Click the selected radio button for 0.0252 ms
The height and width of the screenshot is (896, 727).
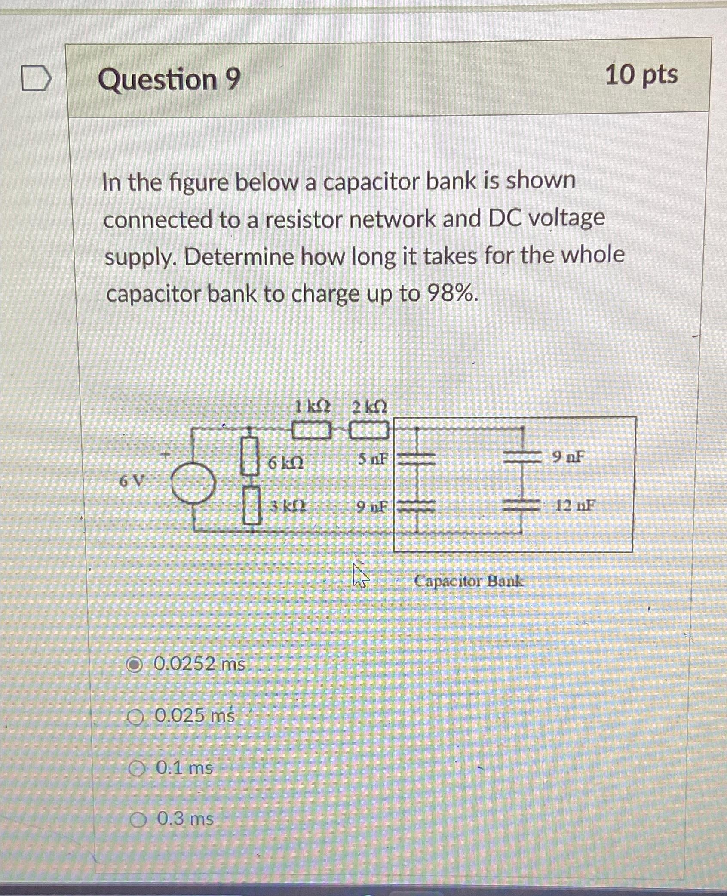[x=134, y=665]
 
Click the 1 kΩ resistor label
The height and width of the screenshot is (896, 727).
[x=313, y=406]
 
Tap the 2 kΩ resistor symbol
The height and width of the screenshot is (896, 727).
[x=369, y=431]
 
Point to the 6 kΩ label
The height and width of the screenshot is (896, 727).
[x=286, y=463]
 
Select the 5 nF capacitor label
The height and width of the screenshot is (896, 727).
[x=372, y=459]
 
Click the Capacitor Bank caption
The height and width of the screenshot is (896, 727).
[x=469, y=581]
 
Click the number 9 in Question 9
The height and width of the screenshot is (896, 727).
[x=233, y=80]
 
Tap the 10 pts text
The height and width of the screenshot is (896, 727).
[x=641, y=76]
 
